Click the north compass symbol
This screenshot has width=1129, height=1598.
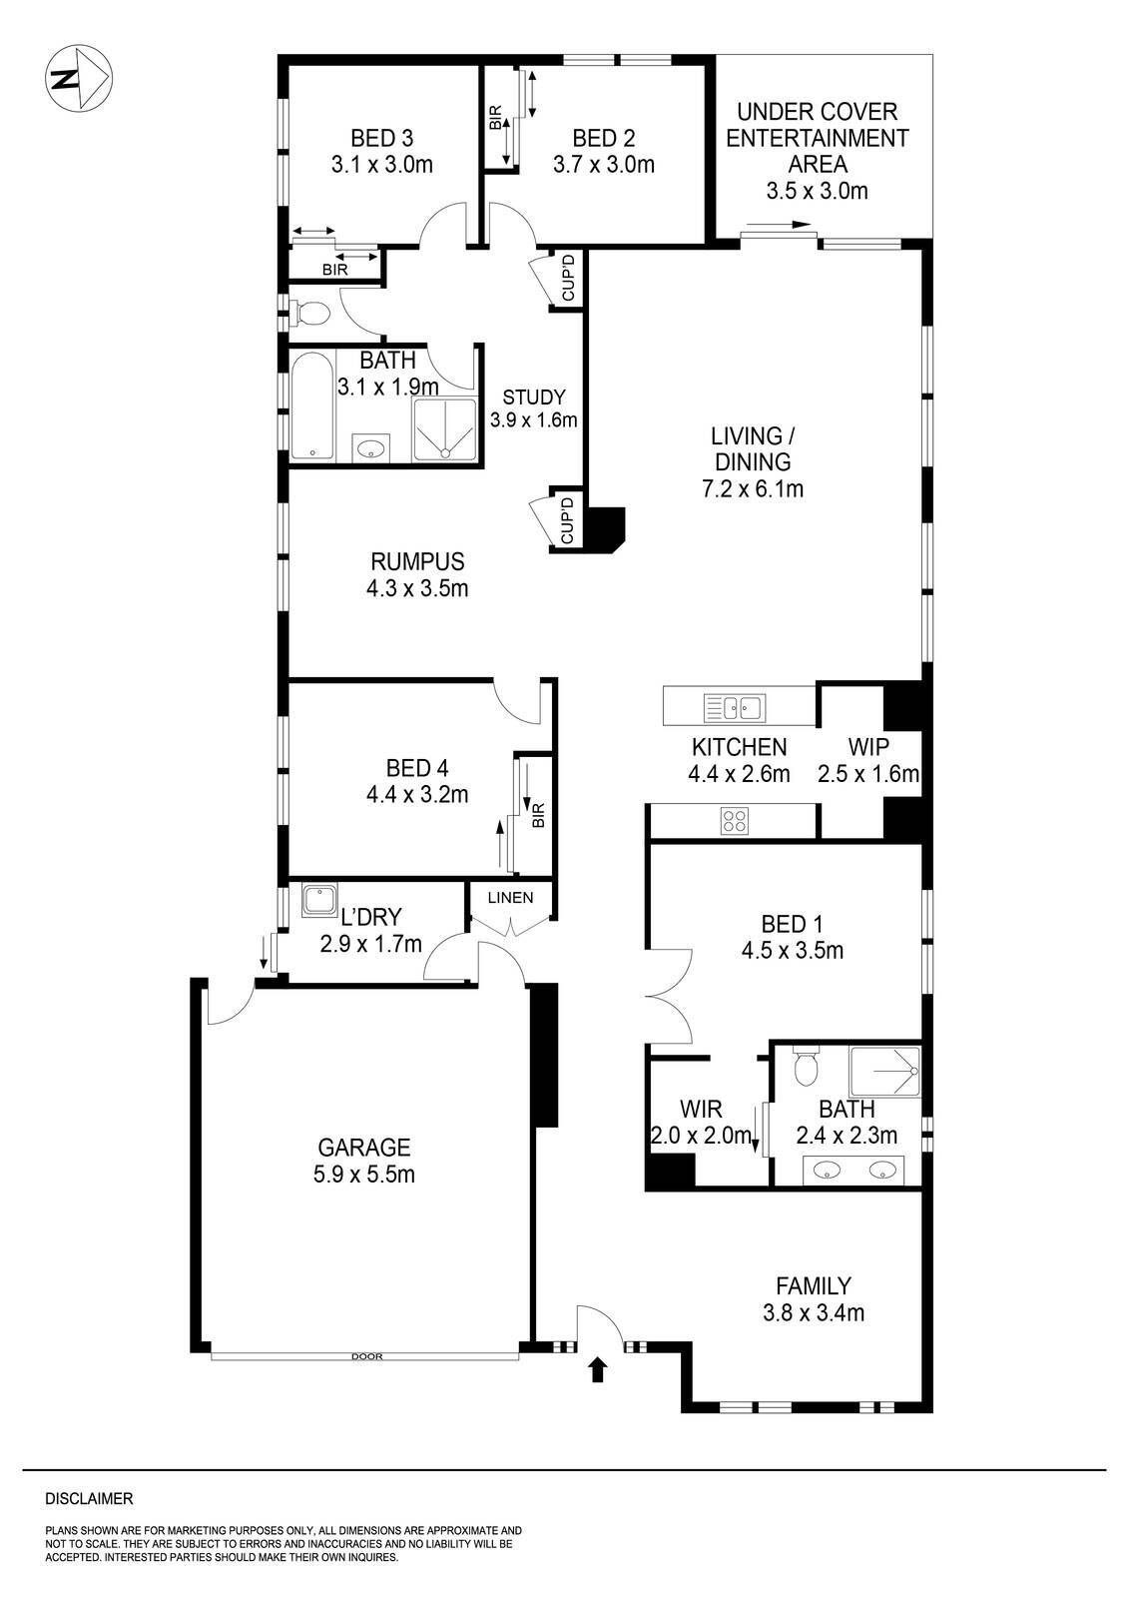[79, 78]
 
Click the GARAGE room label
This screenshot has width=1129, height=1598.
[363, 1148]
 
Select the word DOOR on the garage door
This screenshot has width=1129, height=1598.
[366, 1356]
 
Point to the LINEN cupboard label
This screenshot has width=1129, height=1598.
[510, 897]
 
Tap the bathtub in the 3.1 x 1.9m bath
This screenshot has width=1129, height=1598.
[310, 406]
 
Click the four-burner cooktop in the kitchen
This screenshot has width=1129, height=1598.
[735, 821]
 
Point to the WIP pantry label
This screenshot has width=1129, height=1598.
[868, 746]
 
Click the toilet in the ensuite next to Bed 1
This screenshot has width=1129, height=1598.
[805, 1067]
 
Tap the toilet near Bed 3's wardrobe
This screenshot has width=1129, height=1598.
[310, 314]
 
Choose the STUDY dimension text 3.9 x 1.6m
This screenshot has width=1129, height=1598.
[534, 420]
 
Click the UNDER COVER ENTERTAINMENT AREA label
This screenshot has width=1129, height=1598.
[818, 138]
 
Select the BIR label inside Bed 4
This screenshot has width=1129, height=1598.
[539, 816]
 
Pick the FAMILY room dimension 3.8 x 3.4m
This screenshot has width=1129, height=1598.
[815, 1312]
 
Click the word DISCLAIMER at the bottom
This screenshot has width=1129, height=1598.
[89, 1498]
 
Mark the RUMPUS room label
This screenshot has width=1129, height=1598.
[417, 561]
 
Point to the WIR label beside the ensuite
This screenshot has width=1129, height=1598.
[701, 1109]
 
